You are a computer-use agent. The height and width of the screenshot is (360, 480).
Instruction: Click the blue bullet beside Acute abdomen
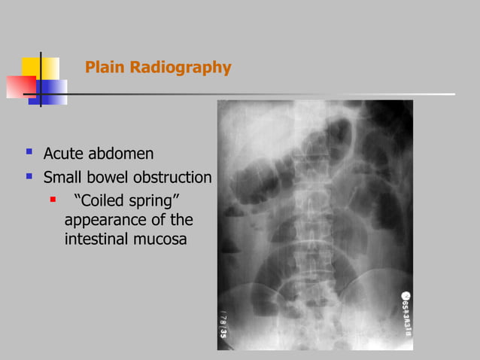click(x=29, y=152)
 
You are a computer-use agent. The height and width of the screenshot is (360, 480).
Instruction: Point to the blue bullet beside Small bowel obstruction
click(x=29, y=176)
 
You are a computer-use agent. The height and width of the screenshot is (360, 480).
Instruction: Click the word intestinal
click(x=97, y=239)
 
